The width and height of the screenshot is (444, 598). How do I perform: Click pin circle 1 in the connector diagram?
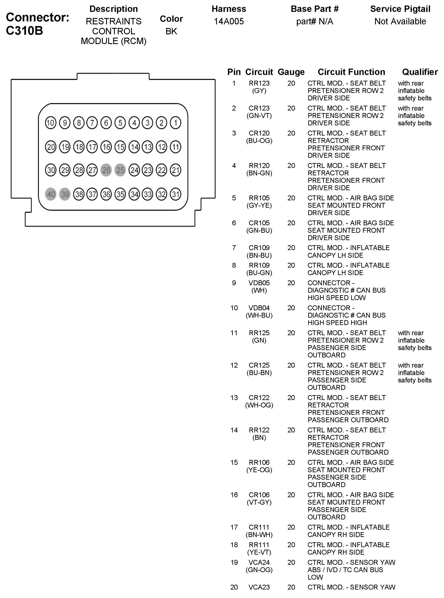click(x=175, y=123)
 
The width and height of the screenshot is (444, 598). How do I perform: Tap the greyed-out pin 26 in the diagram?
click(x=106, y=170)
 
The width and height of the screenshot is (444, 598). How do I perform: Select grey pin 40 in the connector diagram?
click(x=51, y=194)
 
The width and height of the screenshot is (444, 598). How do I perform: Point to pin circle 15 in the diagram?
click(x=120, y=147)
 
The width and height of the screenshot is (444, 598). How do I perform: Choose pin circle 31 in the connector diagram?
click(x=175, y=194)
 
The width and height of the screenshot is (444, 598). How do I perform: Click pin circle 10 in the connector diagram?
click(x=51, y=123)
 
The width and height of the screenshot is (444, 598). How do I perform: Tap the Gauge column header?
click(x=291, y=72)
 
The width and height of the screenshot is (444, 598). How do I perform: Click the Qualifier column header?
click(x=420, y=72)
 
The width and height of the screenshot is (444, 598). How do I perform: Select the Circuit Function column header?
click(x=351, y=72)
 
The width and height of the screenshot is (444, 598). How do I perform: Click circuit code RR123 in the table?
click(x=259, y=83)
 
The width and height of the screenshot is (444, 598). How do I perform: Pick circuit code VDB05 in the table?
click(x=259, y=283)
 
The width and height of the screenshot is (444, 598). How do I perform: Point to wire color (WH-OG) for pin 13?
click(x=259, y=405)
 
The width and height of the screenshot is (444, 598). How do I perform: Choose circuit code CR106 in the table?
click(x=259, y=495)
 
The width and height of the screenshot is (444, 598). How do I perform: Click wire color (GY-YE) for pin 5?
click(x=259, y=206)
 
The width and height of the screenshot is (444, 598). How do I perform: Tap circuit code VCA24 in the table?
click(x=259, y=562)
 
